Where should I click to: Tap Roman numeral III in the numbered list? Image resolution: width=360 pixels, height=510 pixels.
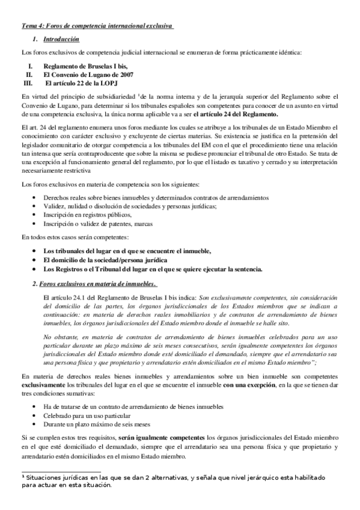[26, 82]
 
